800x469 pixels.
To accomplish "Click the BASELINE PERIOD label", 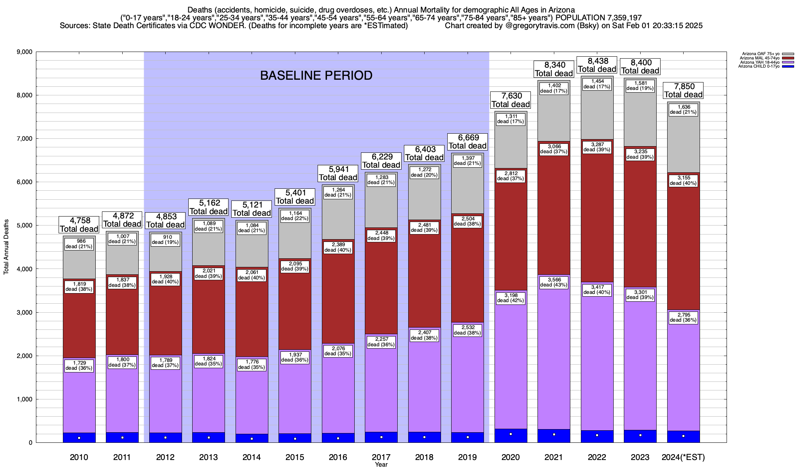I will click(316, 75).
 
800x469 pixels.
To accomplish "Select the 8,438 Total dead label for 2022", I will click(597, 65).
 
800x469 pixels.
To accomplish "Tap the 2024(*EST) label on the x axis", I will click(683, 457).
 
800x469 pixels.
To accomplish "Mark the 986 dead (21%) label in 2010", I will click(79, 244).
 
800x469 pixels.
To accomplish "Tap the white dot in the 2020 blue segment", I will click(511, 434).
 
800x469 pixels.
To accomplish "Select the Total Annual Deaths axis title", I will click(6, 246).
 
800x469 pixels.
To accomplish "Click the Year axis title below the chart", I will click(381, 465).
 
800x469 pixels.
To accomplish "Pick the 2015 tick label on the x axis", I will click(295, 457).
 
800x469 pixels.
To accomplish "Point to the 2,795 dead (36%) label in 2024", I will click(683, 317).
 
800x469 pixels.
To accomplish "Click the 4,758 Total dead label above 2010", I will click(79, 225).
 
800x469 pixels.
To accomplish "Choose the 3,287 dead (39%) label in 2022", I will click(597, 147).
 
